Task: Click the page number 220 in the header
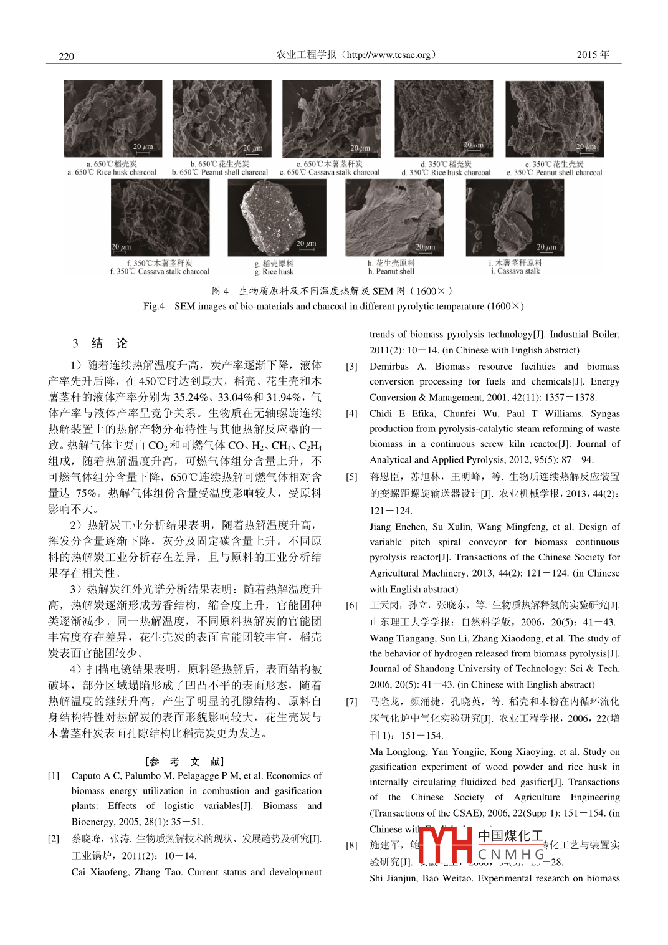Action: point(66,56)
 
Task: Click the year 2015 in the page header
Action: point(587,55)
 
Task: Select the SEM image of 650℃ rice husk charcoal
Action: point(113,118)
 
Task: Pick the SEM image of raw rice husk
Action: point(277,218)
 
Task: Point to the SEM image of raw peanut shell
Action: point(394,218)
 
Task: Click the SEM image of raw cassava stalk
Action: point(515,218)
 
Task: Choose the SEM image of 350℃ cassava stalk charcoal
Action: point(160,218)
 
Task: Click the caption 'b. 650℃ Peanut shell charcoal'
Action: point(220,173)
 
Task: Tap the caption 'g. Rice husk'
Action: point(274,272)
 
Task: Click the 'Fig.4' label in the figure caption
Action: point(154,306)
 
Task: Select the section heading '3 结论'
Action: point(100,343)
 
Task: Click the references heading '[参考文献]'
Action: point(184,762)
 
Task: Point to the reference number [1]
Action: point(54,776)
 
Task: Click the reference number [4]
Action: point(351,414)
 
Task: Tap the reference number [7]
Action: point(351,702)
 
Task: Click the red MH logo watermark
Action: point(446,845)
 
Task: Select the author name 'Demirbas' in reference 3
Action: point(389,367)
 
